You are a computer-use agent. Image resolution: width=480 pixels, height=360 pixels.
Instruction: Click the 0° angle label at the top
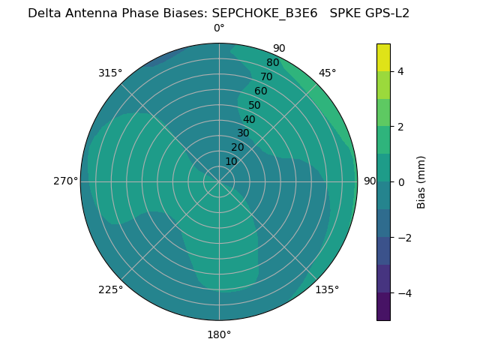219,28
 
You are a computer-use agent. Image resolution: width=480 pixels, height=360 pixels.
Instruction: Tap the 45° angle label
327,73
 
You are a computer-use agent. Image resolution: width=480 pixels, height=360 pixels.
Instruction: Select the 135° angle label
327,289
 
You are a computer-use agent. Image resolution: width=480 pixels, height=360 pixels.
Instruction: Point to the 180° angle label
219,334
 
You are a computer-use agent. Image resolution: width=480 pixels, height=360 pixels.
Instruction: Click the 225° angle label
110,289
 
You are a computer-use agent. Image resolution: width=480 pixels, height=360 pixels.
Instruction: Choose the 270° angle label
65,181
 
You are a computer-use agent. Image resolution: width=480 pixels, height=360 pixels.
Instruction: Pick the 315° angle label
110,73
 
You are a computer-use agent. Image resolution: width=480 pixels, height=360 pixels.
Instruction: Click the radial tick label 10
231,161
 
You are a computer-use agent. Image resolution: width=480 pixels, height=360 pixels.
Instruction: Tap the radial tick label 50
254,105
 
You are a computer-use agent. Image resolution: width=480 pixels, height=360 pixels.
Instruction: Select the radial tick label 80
272,62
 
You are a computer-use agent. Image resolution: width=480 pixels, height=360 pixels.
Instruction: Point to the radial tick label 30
243,133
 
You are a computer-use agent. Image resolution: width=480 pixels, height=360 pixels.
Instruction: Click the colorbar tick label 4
400,71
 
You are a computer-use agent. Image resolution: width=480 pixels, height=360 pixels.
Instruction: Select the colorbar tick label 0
400,181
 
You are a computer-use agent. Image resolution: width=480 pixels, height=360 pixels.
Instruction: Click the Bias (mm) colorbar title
421,181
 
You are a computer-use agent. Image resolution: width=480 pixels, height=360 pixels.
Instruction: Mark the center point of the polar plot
219,181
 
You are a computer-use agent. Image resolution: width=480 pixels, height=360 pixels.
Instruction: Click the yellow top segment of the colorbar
383,58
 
